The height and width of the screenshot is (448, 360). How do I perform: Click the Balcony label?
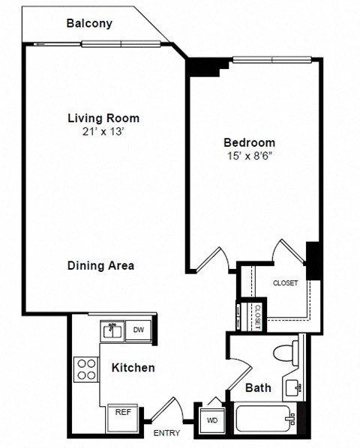(89, 23)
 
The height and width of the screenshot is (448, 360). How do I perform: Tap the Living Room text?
(103, 118)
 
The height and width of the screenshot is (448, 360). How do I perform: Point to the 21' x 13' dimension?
(103, 132)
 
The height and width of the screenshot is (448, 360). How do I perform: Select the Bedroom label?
(249, 142)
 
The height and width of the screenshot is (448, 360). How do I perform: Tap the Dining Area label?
(100, 265)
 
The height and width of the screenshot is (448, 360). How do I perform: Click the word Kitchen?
(133, 367)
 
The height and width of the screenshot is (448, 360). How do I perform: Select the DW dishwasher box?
(139, 330)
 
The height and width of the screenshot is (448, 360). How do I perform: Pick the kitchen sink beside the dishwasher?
(113, 330)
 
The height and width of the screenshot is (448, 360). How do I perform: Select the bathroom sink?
(293, 387)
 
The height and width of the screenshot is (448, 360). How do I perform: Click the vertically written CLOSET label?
(256, 315)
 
